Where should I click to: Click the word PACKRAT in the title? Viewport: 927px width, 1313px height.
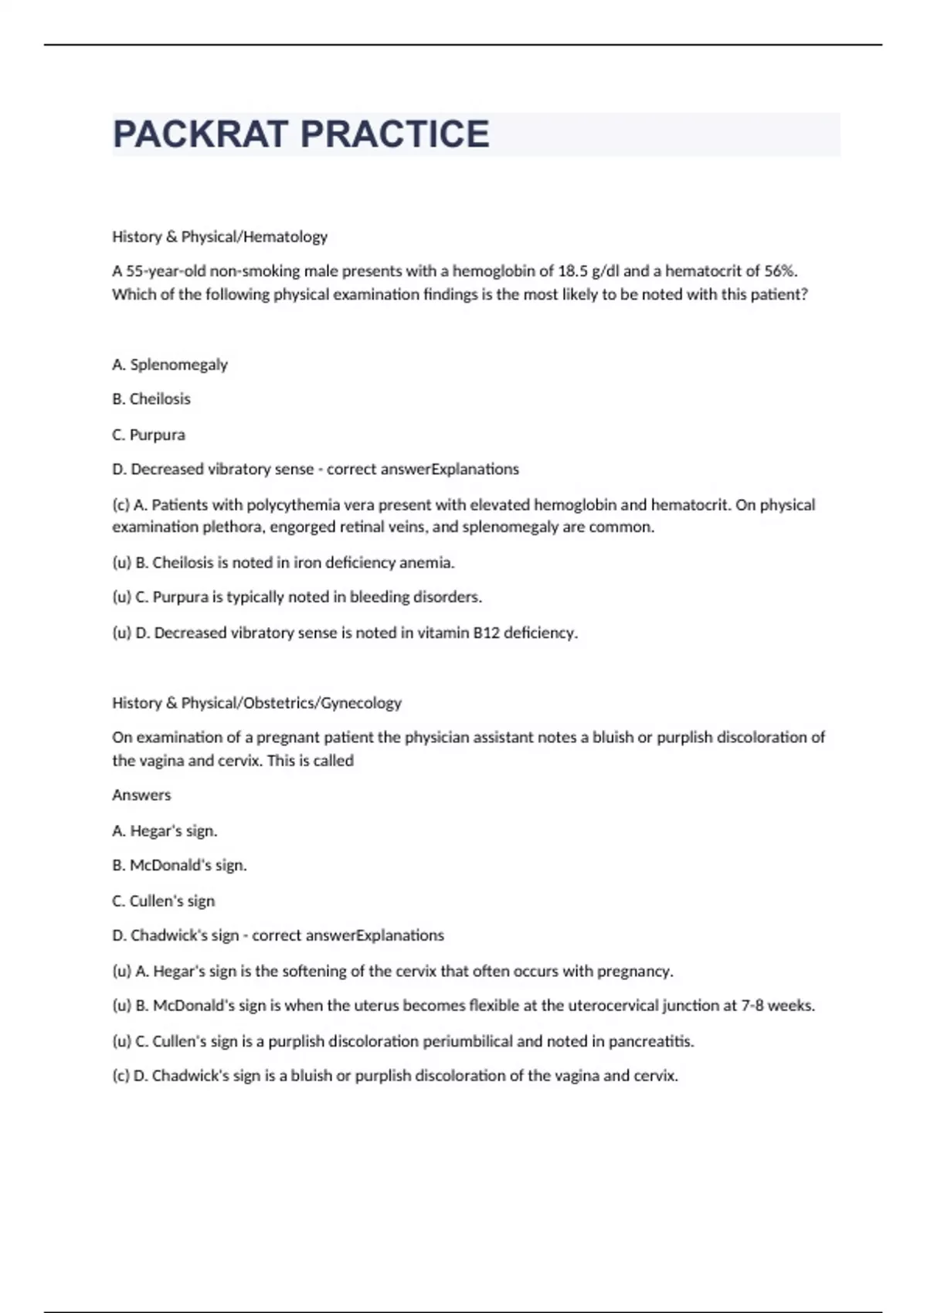pyautogui.click(x=200, y=134)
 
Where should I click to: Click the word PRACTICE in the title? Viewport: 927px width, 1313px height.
pyautogui.click(x=394, y=134)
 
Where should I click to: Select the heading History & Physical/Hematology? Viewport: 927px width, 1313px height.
pyautogui.click(x=219, y=236)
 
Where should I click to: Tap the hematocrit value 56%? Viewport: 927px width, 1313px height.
pyautogui.click(x=780, y=271)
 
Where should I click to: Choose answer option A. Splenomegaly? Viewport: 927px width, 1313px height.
pyautogui.click(x=170, y=365)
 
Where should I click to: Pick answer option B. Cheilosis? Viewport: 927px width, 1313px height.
pyautogui.click(x=151, y=399)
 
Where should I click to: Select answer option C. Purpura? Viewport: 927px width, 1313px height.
pyautogui.click(x=148, y=435)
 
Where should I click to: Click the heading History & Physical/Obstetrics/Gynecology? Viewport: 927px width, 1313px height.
pyautogui.click(x=256, y=703)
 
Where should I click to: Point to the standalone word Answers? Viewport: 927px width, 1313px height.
pyautogui.click(x=141, y=795)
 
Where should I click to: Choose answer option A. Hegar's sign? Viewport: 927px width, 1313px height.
pyautogui.click(x=165, y=831)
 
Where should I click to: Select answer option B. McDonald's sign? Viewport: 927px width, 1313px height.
pyautogui.click(x=179, y=866)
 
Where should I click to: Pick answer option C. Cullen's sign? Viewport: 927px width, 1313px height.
pyautogui.click(x=163, y=901)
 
